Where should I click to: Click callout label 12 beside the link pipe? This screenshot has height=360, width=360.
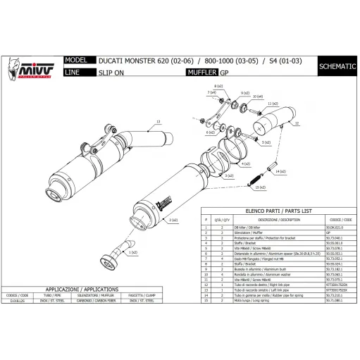point(297,123)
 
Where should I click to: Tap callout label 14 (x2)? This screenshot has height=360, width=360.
point(280,172)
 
